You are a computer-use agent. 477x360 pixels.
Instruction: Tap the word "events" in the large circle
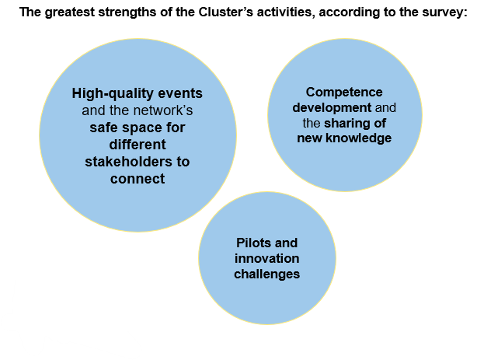(x=174, y=93)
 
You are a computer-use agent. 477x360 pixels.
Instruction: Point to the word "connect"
(x=137, y=179)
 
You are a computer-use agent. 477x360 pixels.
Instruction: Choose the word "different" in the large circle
(x=137, y=145)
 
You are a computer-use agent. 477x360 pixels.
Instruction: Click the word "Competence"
(x=344, y=93)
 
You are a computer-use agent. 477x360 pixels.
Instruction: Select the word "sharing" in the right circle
(x=365, y=123)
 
